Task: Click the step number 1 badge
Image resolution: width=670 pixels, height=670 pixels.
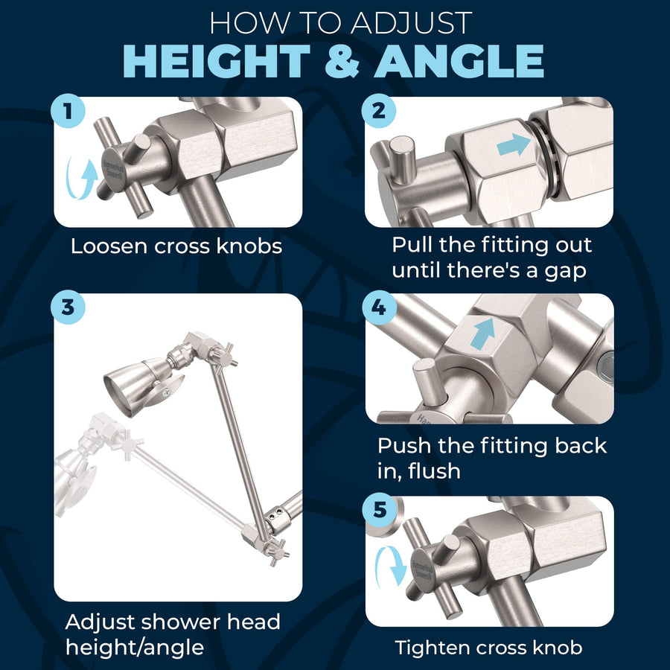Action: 68,111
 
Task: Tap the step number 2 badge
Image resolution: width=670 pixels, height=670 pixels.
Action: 379,111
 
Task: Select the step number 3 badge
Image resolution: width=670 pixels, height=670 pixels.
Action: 68,307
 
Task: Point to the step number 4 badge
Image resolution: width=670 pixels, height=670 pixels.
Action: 379,307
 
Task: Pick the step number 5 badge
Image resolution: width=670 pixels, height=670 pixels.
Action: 380,510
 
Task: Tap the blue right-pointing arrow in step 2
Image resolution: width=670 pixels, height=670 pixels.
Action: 514,144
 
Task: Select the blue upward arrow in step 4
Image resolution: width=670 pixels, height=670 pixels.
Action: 483,333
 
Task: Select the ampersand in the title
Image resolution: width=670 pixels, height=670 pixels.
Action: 342,62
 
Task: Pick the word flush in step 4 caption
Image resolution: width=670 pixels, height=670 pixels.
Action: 434,471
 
